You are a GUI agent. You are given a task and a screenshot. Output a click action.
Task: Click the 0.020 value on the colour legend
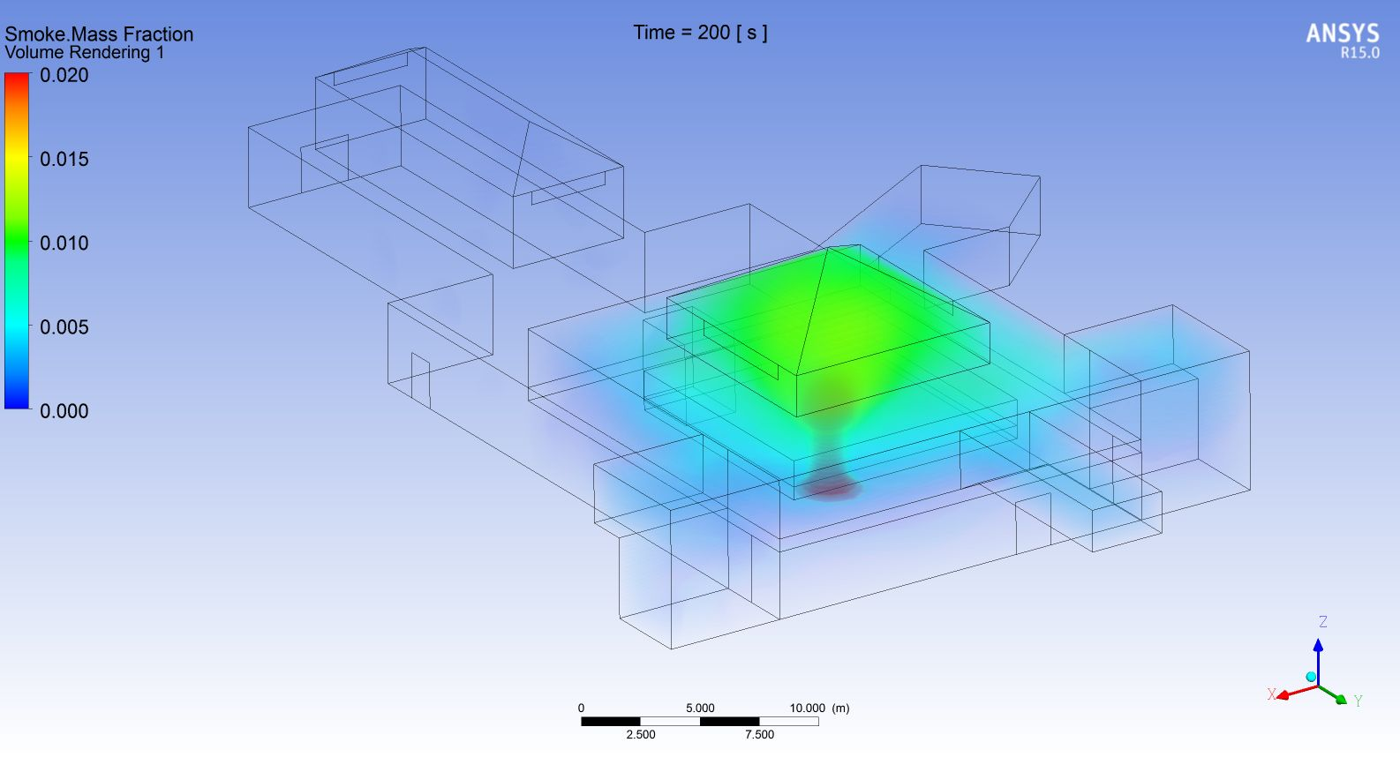[x=64, y=75]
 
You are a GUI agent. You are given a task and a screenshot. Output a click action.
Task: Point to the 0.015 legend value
[x=64, y=160]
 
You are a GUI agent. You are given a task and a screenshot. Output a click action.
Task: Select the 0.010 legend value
[x=64, y=243]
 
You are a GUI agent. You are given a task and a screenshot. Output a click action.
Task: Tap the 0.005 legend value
[x=64, y=327]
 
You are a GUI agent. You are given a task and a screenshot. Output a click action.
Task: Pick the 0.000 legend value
[x=64, y=411]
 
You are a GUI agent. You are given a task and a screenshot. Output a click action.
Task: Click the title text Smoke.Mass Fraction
[x=99, y=34]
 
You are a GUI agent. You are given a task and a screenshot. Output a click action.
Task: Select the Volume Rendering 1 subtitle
[x=85, y=52]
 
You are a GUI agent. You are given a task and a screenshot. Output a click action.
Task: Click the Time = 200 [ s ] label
[x=700, y=33]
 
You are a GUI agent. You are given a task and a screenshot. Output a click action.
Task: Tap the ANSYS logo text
[x=1343, y=34]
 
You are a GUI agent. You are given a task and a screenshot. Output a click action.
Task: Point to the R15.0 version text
[x=1359, y=53]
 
